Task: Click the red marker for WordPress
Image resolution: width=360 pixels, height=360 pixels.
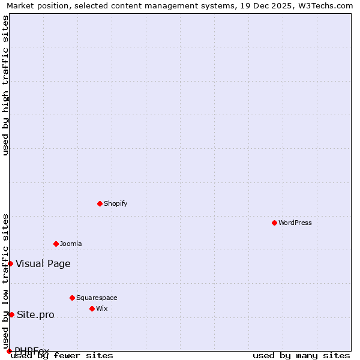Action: point(274,223)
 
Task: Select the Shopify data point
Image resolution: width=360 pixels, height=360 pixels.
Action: point(100,203)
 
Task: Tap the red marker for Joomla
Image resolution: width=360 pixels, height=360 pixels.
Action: point(56,244)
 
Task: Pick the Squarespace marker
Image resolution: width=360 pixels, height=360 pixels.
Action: point(72,298)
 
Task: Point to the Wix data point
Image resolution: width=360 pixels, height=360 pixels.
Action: point(92,308)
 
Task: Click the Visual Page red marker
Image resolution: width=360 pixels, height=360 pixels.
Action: point(10,263)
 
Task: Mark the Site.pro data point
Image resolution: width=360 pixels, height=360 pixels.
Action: point(11,314)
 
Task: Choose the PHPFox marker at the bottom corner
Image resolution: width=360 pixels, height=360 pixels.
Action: point(9,351)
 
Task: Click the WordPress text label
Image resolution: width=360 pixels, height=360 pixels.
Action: point(295,223)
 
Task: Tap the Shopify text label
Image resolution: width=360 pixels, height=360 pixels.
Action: point(116,203)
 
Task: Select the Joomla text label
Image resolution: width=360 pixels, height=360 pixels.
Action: point(71,244)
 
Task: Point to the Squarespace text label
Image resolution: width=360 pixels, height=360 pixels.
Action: point(97,298)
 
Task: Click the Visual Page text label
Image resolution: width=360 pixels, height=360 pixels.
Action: point(43,263)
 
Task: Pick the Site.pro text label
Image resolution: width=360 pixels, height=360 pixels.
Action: point(35,315)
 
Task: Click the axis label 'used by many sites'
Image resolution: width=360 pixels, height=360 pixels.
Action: point(301,356)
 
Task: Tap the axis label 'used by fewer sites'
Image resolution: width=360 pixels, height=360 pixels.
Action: point(62,356)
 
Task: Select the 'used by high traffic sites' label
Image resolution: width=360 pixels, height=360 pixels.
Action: point(6,85)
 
